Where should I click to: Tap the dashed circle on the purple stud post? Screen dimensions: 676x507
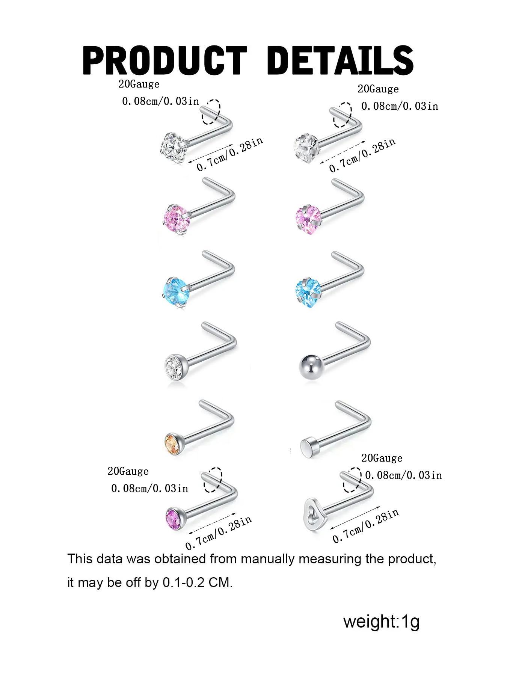[x=213, y=480]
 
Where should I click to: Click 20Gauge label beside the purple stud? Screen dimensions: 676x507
[x=128, y=471]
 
